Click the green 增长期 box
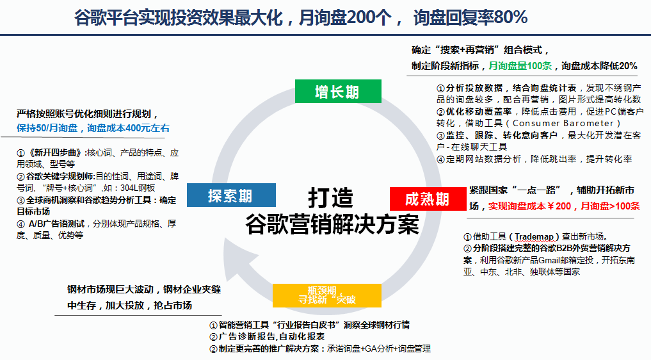click(338, 91)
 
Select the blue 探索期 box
click(231, 195)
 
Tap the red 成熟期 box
click(428, 199)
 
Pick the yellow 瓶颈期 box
click(326, 295)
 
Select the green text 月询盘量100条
click(520, 66)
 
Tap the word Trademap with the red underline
click(534, 236)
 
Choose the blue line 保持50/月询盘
click(47, 128)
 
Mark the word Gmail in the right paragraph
click(549, 260)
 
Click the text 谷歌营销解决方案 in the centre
click(332, 224)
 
